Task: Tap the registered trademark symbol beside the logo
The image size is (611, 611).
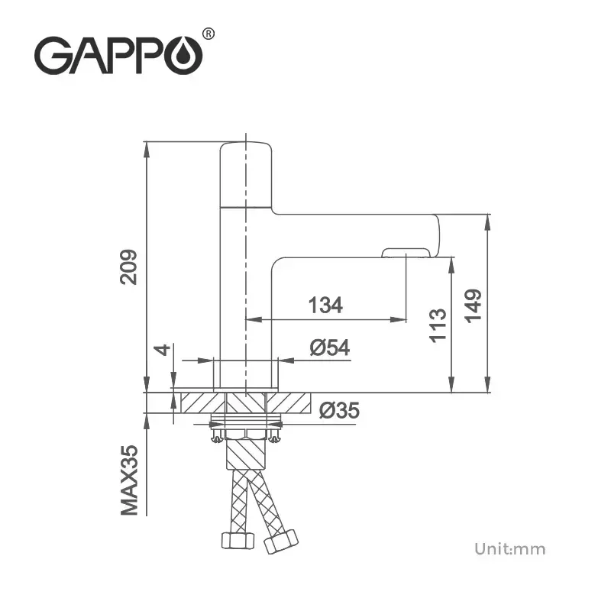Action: tap(209, 33)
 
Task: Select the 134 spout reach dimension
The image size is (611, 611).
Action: tap(325, 305)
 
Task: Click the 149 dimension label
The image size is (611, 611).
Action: tap(474, 305)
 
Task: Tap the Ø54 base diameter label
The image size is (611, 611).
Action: tap(330, 348)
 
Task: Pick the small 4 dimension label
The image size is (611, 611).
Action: tap(161, 350)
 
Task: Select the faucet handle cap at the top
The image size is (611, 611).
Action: tap(246, 174)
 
